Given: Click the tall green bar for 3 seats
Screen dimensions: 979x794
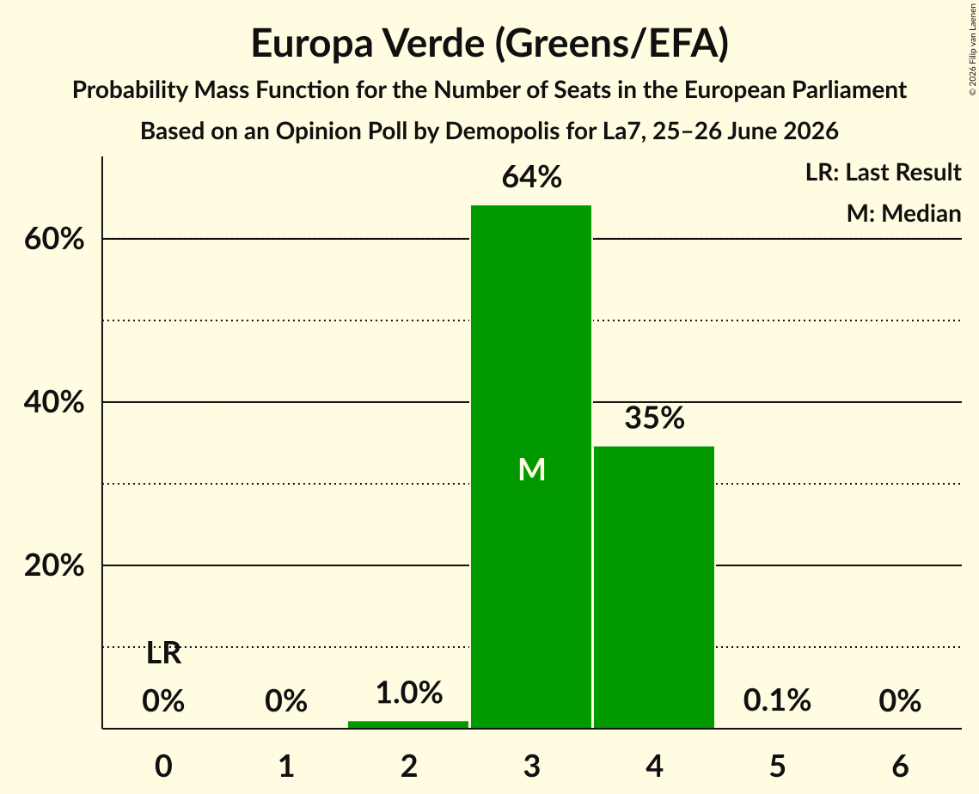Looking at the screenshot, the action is tap(530, 467).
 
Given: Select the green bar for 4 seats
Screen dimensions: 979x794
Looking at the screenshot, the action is tap(654, 588).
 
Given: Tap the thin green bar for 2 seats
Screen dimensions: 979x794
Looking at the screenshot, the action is tap(408, 724).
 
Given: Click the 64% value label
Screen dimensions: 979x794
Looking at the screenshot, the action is tap(532, 177).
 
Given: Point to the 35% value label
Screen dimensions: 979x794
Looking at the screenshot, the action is tap(654, 418).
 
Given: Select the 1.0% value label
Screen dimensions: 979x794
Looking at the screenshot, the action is tap(409, 693).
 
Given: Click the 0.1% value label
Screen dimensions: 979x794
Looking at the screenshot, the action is tap(777, 700).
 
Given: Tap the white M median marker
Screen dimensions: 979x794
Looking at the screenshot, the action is tap(532, 469).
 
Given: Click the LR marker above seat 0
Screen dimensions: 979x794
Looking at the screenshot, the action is tap(163, 654).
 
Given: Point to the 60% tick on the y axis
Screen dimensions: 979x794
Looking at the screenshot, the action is tap(53, 239).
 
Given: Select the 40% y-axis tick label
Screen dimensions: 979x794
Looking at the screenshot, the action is tap(53, 403).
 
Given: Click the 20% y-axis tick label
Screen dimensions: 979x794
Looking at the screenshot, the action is tap(53, 565).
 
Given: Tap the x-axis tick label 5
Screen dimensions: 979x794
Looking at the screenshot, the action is tap(777, 767).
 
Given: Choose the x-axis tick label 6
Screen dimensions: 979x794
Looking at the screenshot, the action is tap(900, 767).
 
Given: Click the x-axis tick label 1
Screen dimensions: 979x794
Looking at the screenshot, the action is tap(286, 767).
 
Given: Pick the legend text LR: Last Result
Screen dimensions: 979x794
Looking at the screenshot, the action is tap(883, 172).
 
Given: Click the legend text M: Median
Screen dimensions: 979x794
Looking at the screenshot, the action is tap(903, 213).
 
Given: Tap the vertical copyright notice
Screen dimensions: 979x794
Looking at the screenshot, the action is tap(972, 49).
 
